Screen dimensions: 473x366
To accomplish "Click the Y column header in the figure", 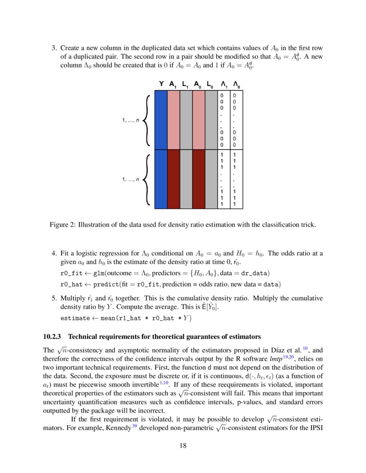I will pos(161,84).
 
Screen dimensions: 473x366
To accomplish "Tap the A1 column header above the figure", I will pos(174,85).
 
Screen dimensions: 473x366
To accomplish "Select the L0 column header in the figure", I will pos(211,85).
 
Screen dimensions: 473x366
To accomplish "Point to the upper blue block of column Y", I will pos(161,120).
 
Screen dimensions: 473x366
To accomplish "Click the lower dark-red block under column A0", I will pos(199,179).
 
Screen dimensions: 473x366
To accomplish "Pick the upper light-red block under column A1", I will pos(173,120).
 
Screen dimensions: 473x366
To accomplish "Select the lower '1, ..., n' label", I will pos(131,179).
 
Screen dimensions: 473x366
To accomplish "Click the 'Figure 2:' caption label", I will pos(63,224).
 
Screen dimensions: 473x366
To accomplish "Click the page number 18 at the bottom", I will pos(183,445).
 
